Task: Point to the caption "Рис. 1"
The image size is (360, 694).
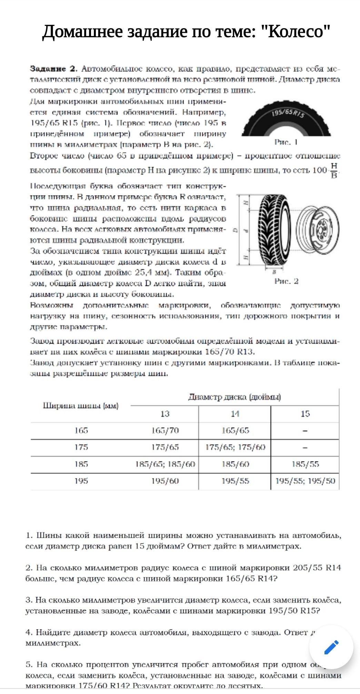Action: [286, 142]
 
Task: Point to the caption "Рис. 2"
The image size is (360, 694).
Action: [286, 281]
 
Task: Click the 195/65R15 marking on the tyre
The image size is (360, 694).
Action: [288, 114]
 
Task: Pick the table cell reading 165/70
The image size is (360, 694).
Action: [165, 430]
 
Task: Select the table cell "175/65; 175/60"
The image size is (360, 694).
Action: [235, 447]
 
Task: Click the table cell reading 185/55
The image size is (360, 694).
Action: [305, 464]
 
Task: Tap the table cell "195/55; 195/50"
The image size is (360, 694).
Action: [305, 481]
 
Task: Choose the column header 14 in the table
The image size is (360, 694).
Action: [235, 414]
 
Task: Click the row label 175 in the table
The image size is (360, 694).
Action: [81, 447]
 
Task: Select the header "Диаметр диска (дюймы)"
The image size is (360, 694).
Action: [234, 397]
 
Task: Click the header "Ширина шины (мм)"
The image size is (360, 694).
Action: [81, 406]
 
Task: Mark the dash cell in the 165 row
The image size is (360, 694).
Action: [305, 431]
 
